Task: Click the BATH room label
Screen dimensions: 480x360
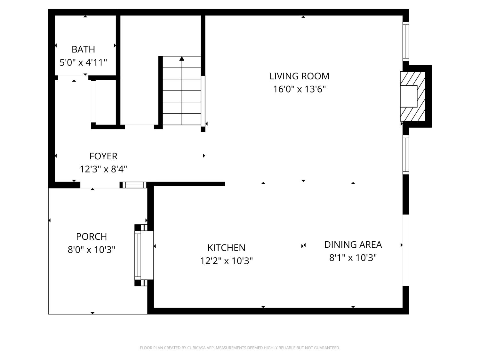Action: click(83, 49)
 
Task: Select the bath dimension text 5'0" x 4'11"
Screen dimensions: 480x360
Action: click(83, 62)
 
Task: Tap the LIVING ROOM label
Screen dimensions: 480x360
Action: click(300, 76)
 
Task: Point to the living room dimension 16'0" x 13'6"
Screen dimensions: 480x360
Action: click(300, 89)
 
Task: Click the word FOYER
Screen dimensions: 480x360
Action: click(103, 156)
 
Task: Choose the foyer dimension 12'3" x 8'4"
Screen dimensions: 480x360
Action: click(103, 169)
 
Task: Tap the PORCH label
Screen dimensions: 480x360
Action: click(92, 236)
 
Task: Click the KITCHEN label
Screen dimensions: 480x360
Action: click(226, 248)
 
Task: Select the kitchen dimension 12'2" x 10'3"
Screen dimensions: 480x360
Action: click(226, 261)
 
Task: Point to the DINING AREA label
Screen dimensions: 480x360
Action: click(353, 244)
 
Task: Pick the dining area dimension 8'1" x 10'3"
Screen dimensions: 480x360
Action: click(353, 258)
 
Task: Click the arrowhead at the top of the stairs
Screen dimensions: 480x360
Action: click(182, 59)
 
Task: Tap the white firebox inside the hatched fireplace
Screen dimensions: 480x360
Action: click(409, 96)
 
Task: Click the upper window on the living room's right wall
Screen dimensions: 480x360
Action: click(406, 42)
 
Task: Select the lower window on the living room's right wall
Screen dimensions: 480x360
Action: click(406, 155)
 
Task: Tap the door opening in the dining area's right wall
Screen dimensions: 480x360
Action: click(406, 250)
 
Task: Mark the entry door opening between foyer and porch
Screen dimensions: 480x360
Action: click(100, 185)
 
